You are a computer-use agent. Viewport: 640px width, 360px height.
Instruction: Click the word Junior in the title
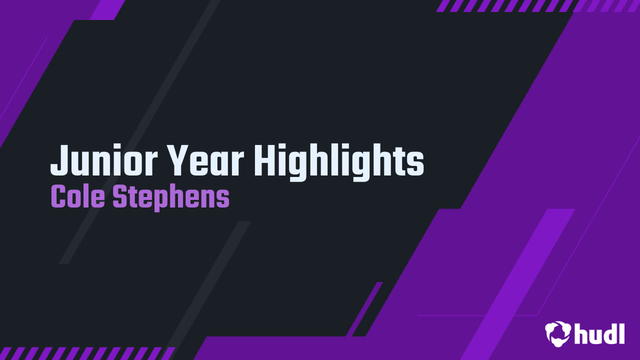[x=104, y=160]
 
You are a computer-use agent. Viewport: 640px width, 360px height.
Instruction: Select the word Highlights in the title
[x=339, y=163]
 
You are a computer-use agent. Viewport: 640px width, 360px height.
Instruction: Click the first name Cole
[x=78, y=196]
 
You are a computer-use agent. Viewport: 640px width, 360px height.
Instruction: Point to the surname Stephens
[x=171, y=198]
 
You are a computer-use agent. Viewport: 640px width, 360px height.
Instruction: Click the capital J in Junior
[x=60, y=160]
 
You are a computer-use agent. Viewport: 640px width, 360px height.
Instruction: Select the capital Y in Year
[x=181, y=160]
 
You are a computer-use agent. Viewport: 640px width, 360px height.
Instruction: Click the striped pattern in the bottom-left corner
[x=87, y=353]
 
